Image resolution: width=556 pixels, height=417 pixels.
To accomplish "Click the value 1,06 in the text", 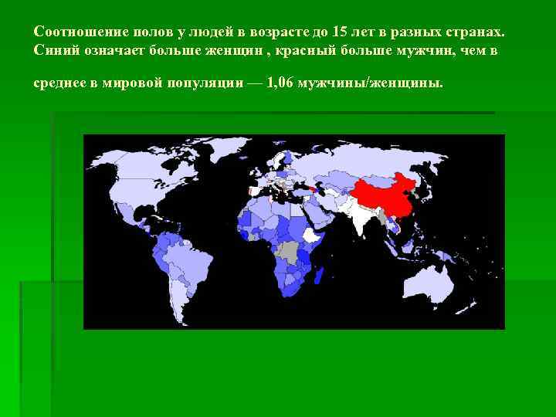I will tap(281, 83).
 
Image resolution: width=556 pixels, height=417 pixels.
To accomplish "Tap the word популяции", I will tap(204, 83).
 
